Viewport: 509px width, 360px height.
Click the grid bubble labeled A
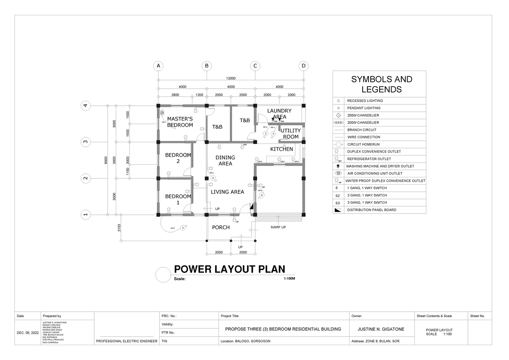click(158, 66)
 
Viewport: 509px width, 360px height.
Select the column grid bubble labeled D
click(303, 66)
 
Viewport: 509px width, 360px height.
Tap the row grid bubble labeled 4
click(86, 106)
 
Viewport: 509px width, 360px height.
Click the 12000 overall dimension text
click(231, 78)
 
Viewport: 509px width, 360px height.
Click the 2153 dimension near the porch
click(120, 228)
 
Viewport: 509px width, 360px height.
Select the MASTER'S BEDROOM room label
click(180, 122)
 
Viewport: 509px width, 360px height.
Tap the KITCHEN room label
click(282, 149)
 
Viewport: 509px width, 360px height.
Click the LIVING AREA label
click(227, 192)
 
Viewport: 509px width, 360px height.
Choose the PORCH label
click(221, 228)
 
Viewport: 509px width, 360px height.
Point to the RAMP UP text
click(278, 228)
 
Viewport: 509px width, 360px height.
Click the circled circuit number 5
click(183, 228)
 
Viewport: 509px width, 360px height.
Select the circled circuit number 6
click(262, 195)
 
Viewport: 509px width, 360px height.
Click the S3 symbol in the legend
click(338, 203)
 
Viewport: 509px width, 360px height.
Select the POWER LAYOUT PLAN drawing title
click(229, 269)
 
